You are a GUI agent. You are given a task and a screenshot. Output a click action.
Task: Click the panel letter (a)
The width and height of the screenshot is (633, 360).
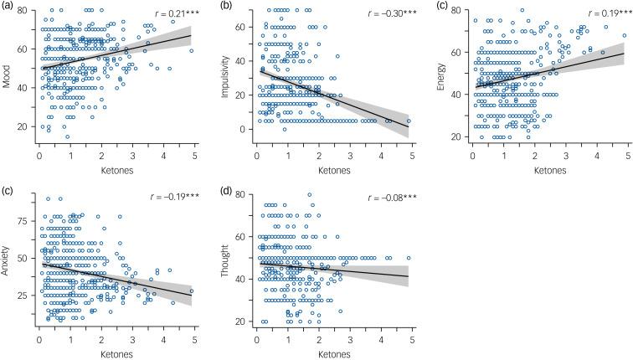tap(10, 7)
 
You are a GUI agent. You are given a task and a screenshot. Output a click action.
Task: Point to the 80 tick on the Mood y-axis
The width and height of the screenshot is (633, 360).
tap(28, 11)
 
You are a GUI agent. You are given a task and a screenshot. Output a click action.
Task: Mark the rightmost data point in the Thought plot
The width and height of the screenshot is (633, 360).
tap(409, 259)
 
